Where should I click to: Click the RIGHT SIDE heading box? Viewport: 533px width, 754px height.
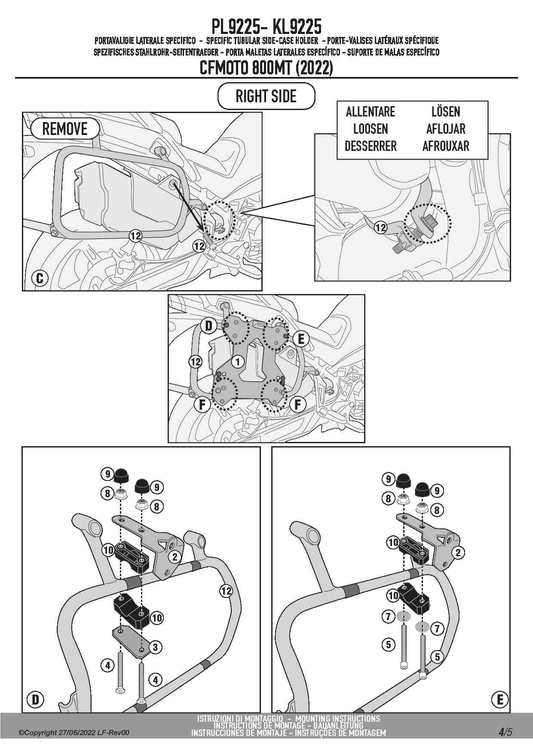pyautogui.click(x=266, y=96)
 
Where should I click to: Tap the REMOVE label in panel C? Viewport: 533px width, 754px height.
pyautogui.click(x=64, y=129)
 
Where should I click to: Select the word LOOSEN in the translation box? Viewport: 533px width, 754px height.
pyautogui.click(x=370, y=129)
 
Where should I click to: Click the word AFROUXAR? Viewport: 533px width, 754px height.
pyautogui.click(x=445, y=146)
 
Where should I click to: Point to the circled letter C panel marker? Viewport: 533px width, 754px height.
pyautogui.click(x=40, y=278)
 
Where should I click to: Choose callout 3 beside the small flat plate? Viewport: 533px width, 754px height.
pyautogui.click(x=155, y=647)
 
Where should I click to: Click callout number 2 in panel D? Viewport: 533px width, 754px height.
pyautogui.click(x=175, y=557)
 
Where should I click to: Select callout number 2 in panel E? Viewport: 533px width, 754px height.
pyautogui.click(x=458, y=552)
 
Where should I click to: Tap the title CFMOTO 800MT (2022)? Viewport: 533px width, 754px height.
pyautogui.click(x=266, y=68)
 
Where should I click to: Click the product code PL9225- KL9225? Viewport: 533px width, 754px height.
pyautogui.click(x=266, y=27)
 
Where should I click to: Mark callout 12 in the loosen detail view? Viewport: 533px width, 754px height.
pyautogui.click(x=380, y=228)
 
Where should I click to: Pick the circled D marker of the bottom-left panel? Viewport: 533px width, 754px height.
pyautogui.click(x=35, y=700)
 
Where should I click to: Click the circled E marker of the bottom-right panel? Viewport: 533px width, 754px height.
pyautogui.click(x=499, y=700)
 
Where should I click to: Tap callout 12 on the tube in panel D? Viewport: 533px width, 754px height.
pyautogui.click(x=226, y=591)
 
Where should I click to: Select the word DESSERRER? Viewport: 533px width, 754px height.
pyautogui.click(x=370, y=146)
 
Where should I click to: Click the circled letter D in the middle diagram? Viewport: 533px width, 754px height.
pyautogui.click(x=208, y=325)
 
